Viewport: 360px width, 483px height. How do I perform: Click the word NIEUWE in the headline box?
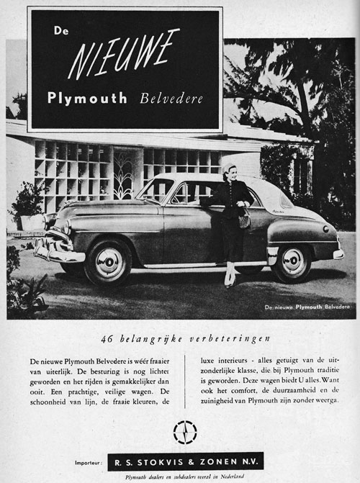click(x=124, y=54)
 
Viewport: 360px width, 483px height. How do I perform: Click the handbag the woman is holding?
click(x=244, y=220)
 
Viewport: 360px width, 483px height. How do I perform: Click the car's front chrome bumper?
click(x=58, y=252)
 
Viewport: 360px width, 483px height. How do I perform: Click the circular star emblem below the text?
click(x=185, y=432)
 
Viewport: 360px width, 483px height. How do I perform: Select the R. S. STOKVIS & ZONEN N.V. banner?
click(x=185, y=461)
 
